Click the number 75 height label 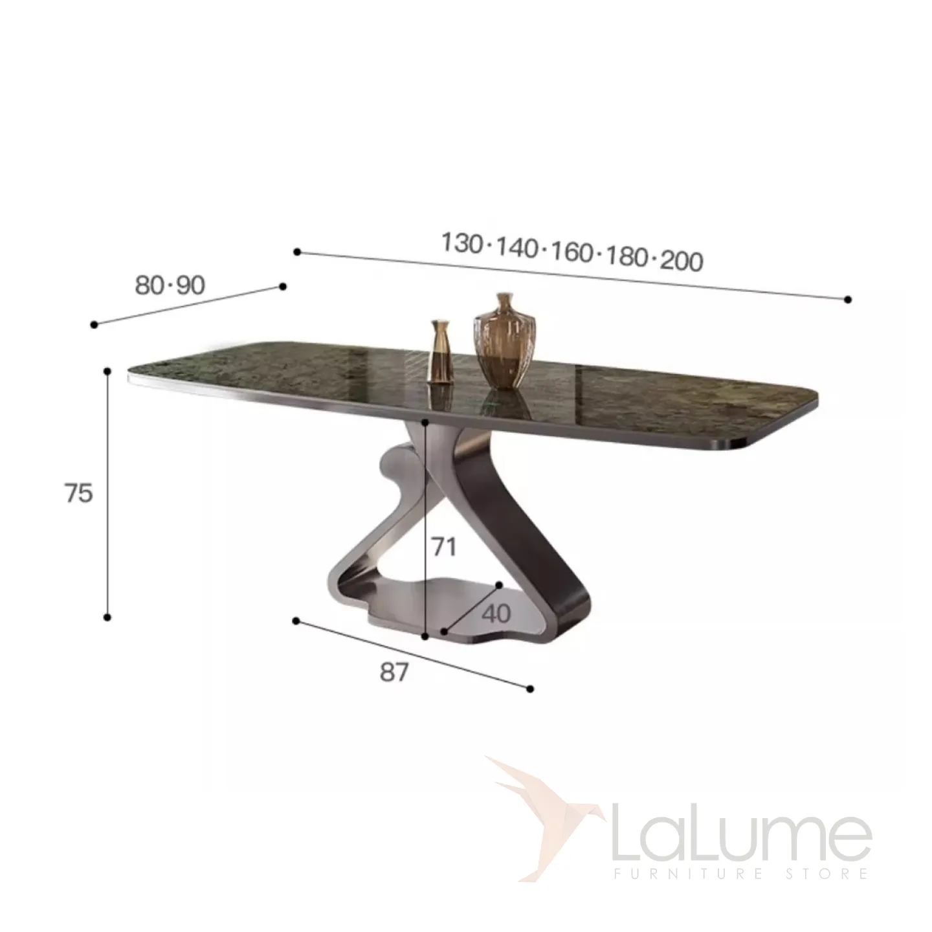pyautogui.click(x=79, y=494)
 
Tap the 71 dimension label pyautogui.click(x=443, y=547)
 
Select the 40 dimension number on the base pyautogui.click(x=496, y=614)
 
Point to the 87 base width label pyautogui.click(x=394, y=672)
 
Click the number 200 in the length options pyautogui.click(x=682, y=261)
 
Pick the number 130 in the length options pyautogui.click(x=462, y=243)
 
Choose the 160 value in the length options pyautogui.click(x=572, y=252)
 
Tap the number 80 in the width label pyautogui.click(x=150, y=285)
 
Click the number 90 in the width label pyautogui.click(x=190, y=285)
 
